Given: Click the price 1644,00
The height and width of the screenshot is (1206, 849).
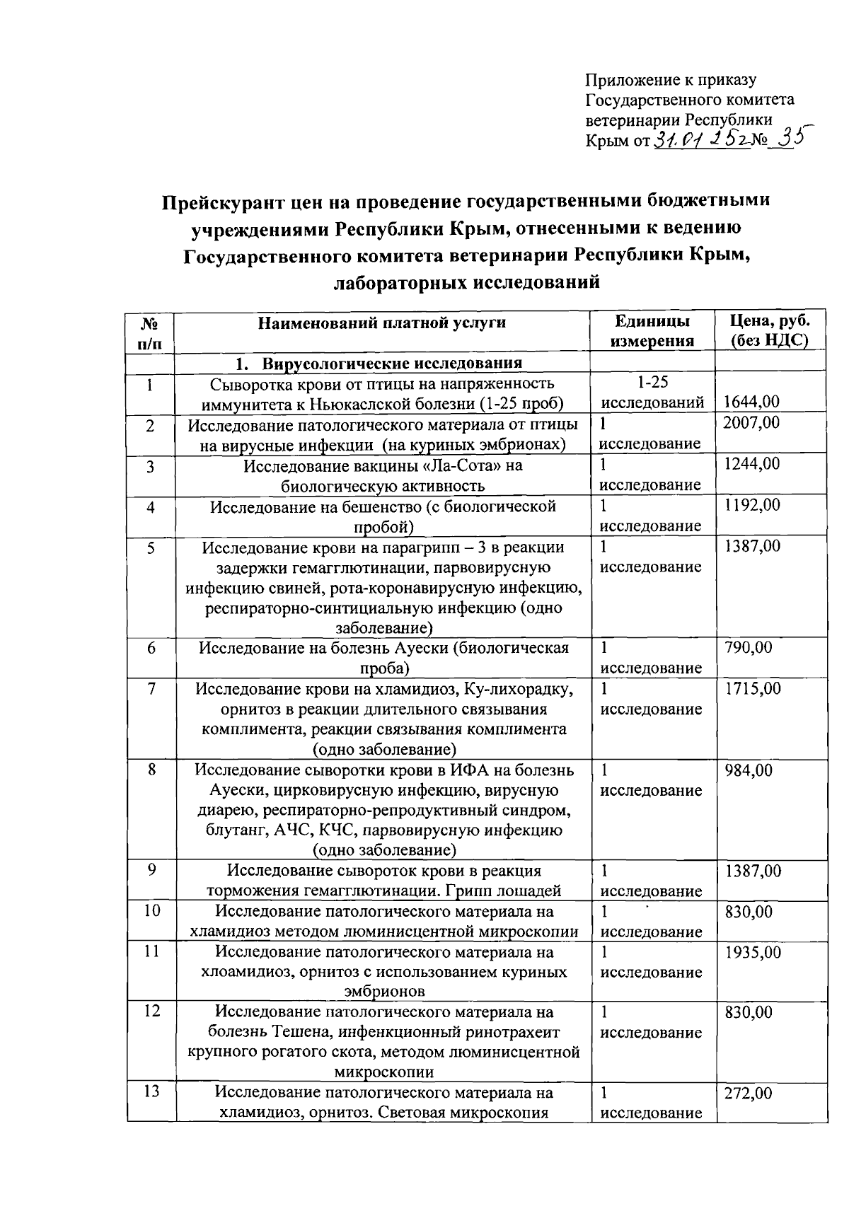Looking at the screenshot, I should point(752,402).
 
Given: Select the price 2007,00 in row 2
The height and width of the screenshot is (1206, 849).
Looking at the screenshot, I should point(752,423).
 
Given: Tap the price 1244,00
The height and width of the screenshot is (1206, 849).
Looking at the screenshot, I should point(752,464).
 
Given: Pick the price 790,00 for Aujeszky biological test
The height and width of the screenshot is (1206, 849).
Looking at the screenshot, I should point(749,647).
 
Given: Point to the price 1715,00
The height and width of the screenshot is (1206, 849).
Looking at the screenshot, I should point(752,688).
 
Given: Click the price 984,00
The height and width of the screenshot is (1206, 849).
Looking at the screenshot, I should point(749,770).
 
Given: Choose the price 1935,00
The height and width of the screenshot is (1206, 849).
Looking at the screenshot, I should point(752,952).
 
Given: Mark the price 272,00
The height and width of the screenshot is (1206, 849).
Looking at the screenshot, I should point(749,1094).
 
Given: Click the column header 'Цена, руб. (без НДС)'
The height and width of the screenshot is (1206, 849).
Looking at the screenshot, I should point(770,331).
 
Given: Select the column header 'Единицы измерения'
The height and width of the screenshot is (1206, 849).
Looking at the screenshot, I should point(652,331).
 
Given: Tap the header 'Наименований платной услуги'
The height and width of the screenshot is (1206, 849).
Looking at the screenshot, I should point(382,323).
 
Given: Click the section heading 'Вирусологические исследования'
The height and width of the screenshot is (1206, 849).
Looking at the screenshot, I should point(391,364).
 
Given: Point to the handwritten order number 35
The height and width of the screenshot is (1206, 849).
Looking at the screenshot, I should point(787,138).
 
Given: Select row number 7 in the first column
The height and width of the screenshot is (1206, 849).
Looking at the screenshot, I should point(151,688).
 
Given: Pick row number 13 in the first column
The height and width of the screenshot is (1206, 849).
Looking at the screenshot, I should point(151,1092).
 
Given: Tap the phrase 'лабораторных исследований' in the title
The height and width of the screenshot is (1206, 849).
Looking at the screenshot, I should point(466,283).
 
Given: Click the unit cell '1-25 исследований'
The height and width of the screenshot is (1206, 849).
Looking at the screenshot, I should point(652,393).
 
